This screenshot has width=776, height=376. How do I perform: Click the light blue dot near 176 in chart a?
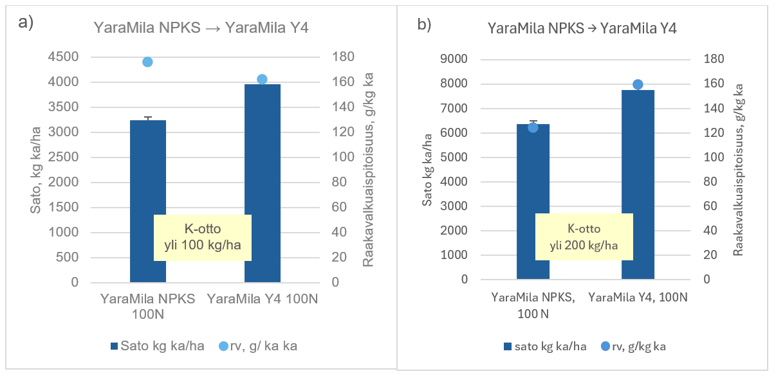pos(147,62)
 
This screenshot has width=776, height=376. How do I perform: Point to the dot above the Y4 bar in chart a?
pos(262,79)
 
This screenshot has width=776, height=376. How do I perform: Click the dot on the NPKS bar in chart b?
pos(533,127)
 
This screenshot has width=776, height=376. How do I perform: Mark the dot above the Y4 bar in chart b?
pos(638,84)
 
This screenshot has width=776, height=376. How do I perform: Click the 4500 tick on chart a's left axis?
pos(64,57)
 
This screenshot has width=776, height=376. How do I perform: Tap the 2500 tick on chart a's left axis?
pos(64,157)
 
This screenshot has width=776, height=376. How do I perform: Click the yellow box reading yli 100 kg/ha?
pos(202,237)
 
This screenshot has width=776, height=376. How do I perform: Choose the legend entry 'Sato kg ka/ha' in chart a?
pos(158,346)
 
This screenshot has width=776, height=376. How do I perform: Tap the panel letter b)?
pos(425,25)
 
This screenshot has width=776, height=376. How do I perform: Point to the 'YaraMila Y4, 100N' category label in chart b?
pos(638,297)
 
